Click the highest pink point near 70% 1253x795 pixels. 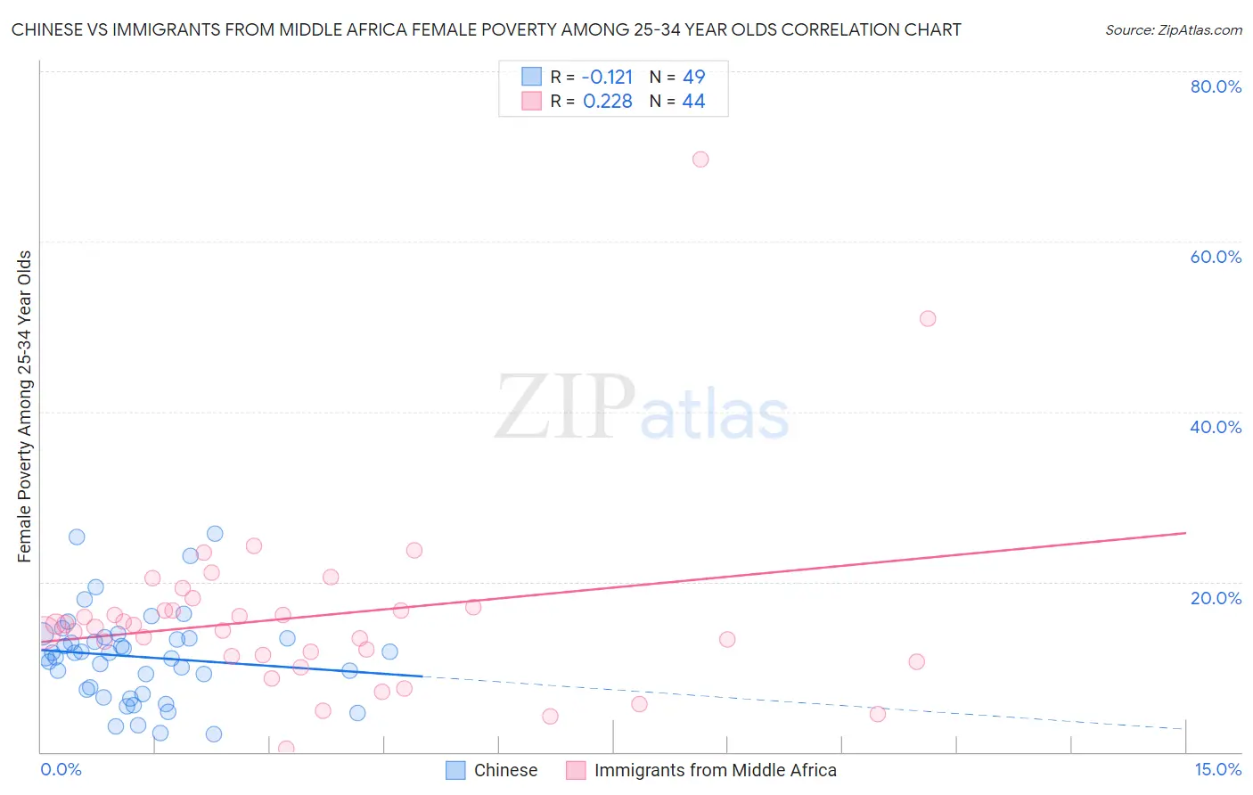pos(700,160)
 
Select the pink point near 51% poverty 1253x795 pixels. pos(928,319)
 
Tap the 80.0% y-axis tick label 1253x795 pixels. pos(1216,86)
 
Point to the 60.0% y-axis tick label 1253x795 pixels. pos(1216,257)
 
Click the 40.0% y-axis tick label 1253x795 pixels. pos(1216,427)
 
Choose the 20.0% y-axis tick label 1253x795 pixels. pos(1216,598)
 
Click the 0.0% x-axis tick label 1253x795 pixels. pos(61,769)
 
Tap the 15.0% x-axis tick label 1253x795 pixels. pos(1217,769)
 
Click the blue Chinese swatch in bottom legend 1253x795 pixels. pos(455,770)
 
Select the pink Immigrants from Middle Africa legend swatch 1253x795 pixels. pos(576,770)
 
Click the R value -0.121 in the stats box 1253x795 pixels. pos(607,78)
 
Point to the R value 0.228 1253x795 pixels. pos(607,102)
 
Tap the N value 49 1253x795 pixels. pos(693,78)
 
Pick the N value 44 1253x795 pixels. pos(693,102)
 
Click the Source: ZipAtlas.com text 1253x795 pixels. pos(1173,30)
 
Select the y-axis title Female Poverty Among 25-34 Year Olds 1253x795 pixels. pos(25,406)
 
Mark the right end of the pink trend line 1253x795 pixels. pos(1185,533)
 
